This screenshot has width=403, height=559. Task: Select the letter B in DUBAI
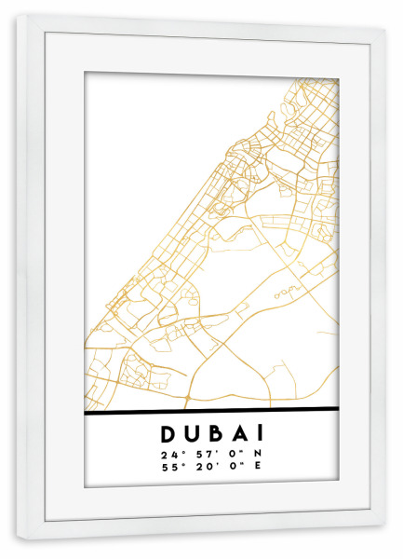point(215,434)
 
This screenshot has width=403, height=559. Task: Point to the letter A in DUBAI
point(237,434)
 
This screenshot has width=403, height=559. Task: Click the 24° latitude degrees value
point(168,454)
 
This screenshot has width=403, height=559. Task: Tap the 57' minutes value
point(198,454)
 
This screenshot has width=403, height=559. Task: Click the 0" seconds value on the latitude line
point(229,454)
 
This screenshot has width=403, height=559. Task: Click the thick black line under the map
point(211,409)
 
